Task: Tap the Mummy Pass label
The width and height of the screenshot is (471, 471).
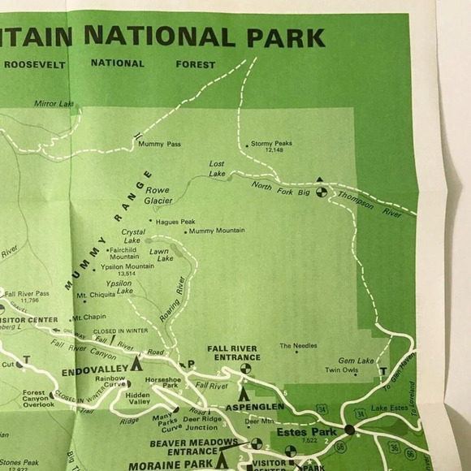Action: pos(159,145)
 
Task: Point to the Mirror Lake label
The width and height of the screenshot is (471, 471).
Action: pos(54,103)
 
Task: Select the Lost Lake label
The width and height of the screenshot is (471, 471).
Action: pos(217,168)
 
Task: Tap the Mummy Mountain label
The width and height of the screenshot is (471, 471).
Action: pos(217,231)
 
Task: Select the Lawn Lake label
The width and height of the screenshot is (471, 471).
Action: pos(160,254)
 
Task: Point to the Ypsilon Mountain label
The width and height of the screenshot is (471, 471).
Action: pos(127,266)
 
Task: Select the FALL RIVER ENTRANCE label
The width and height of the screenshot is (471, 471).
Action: pos(233,352)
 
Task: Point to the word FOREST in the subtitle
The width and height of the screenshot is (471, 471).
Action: pos(195,63)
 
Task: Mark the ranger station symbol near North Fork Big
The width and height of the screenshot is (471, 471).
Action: pos(321,192)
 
